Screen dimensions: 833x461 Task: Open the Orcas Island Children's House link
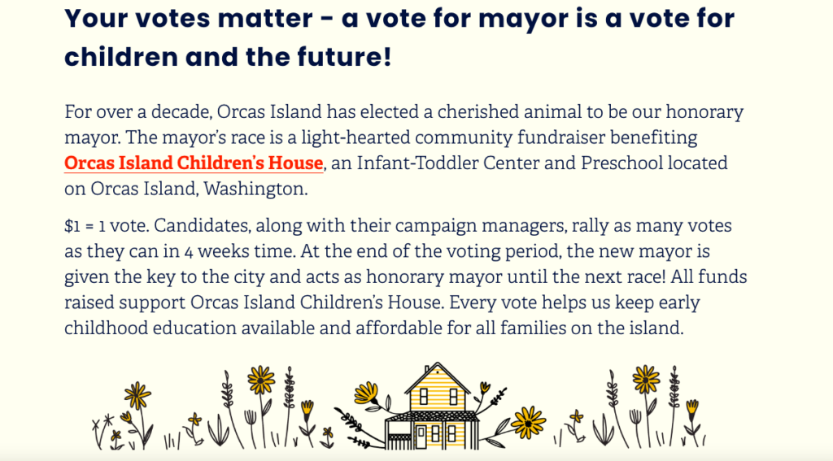tap(194, 163)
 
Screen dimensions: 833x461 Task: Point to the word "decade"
tap(181, 112)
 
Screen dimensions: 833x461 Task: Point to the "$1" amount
tap(72, 226)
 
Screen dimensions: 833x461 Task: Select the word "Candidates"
tap(202, 226)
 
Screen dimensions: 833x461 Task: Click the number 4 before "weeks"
tap(189, 252)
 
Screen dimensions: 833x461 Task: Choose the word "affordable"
tap(399, 328)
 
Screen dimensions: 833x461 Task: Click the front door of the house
tap(421, 437)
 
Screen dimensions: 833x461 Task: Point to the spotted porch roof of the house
tap(432, 415)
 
